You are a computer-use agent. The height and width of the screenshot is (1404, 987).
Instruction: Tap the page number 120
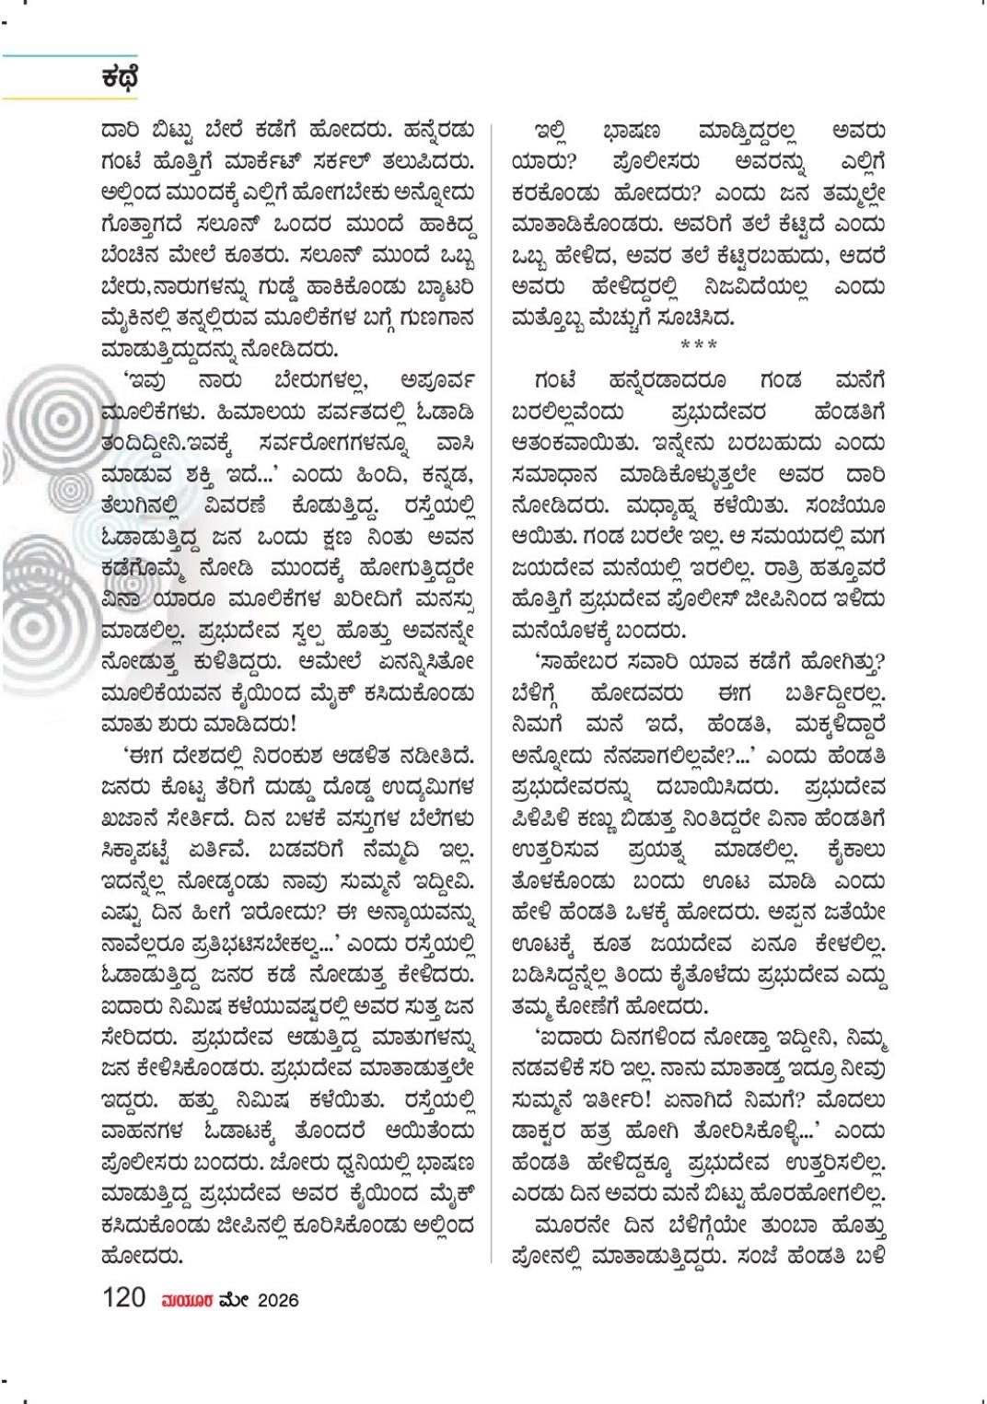click(124, 1298)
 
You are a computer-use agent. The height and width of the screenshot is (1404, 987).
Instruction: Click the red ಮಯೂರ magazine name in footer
click(187, 1300)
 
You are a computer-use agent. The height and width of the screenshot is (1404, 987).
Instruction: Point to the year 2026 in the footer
click(278, 1300)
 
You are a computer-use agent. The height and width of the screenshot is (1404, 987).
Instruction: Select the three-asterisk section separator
click(698, 346)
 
